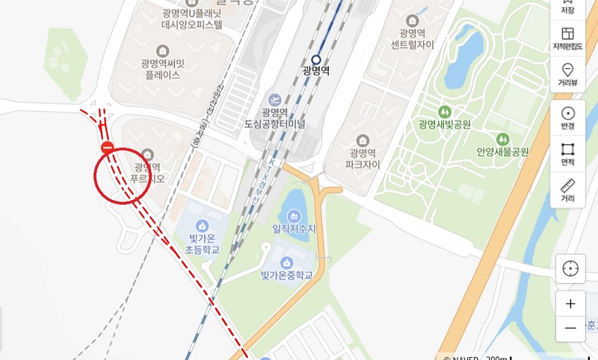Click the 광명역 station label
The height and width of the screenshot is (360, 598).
coord(316,72)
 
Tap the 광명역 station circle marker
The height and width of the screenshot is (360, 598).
coord(316,60)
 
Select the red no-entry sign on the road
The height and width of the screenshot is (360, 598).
coord(108,148)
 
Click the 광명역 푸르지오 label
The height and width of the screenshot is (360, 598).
coord(147,173)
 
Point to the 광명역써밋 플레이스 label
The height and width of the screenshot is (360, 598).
coord(162,69)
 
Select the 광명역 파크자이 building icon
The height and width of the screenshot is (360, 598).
coord(363,140)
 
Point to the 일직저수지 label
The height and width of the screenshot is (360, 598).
coord(295,229)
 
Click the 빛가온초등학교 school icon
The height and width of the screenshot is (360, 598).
coord(201,226)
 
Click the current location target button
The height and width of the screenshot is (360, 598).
coord(570,268)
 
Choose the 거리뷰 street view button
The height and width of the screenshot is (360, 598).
coord(567,73)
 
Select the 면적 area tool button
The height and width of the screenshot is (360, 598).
coord(567,154)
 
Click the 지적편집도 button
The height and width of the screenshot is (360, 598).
coord(567,38)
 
